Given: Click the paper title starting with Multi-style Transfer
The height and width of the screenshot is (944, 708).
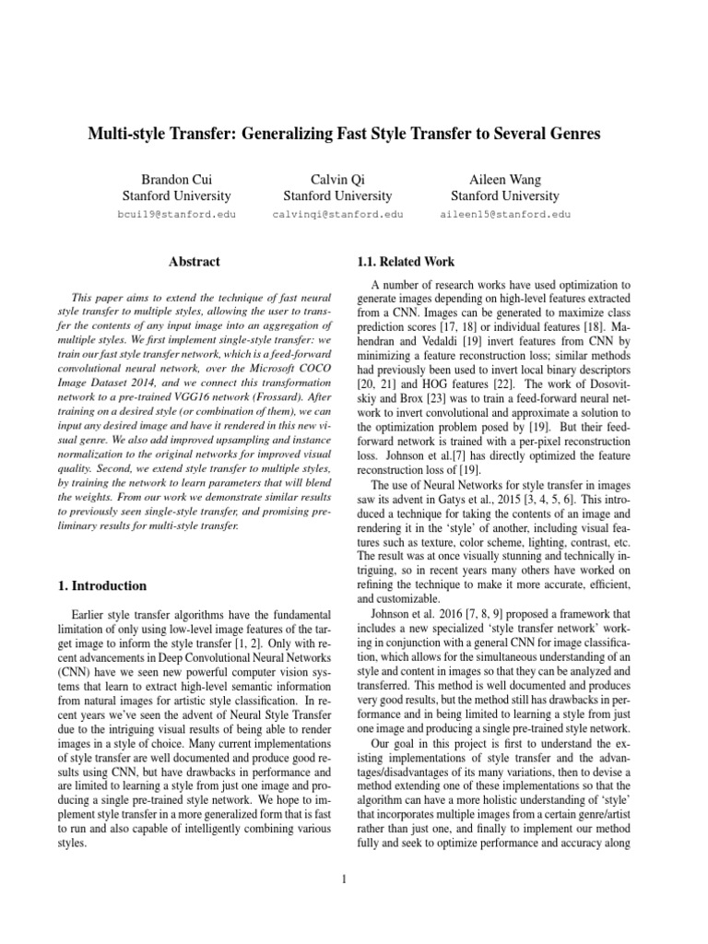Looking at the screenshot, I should click(x=344, y=135).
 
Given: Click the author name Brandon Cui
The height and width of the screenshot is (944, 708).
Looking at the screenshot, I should click(x=176, y=179).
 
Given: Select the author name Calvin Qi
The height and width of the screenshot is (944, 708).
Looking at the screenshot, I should click(x=337, y=179).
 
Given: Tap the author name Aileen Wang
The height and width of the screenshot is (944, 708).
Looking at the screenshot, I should click(x=504, y=179).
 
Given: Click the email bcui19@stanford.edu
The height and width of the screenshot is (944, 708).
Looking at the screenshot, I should click(x=177, y=214).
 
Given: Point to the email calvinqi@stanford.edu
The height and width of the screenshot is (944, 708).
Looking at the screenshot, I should click(x=337, y=214).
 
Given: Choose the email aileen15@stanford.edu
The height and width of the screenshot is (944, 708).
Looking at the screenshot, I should click(x=505, y=214).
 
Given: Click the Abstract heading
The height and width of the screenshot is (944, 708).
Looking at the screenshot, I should click(x=195, y=262).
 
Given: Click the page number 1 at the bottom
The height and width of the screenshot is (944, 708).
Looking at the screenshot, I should click(x=343, y=879).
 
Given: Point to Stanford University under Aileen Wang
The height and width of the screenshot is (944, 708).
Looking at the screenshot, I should click(x=504, y=195).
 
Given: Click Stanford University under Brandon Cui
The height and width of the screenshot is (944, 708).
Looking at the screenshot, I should click(x=176, y=195).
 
